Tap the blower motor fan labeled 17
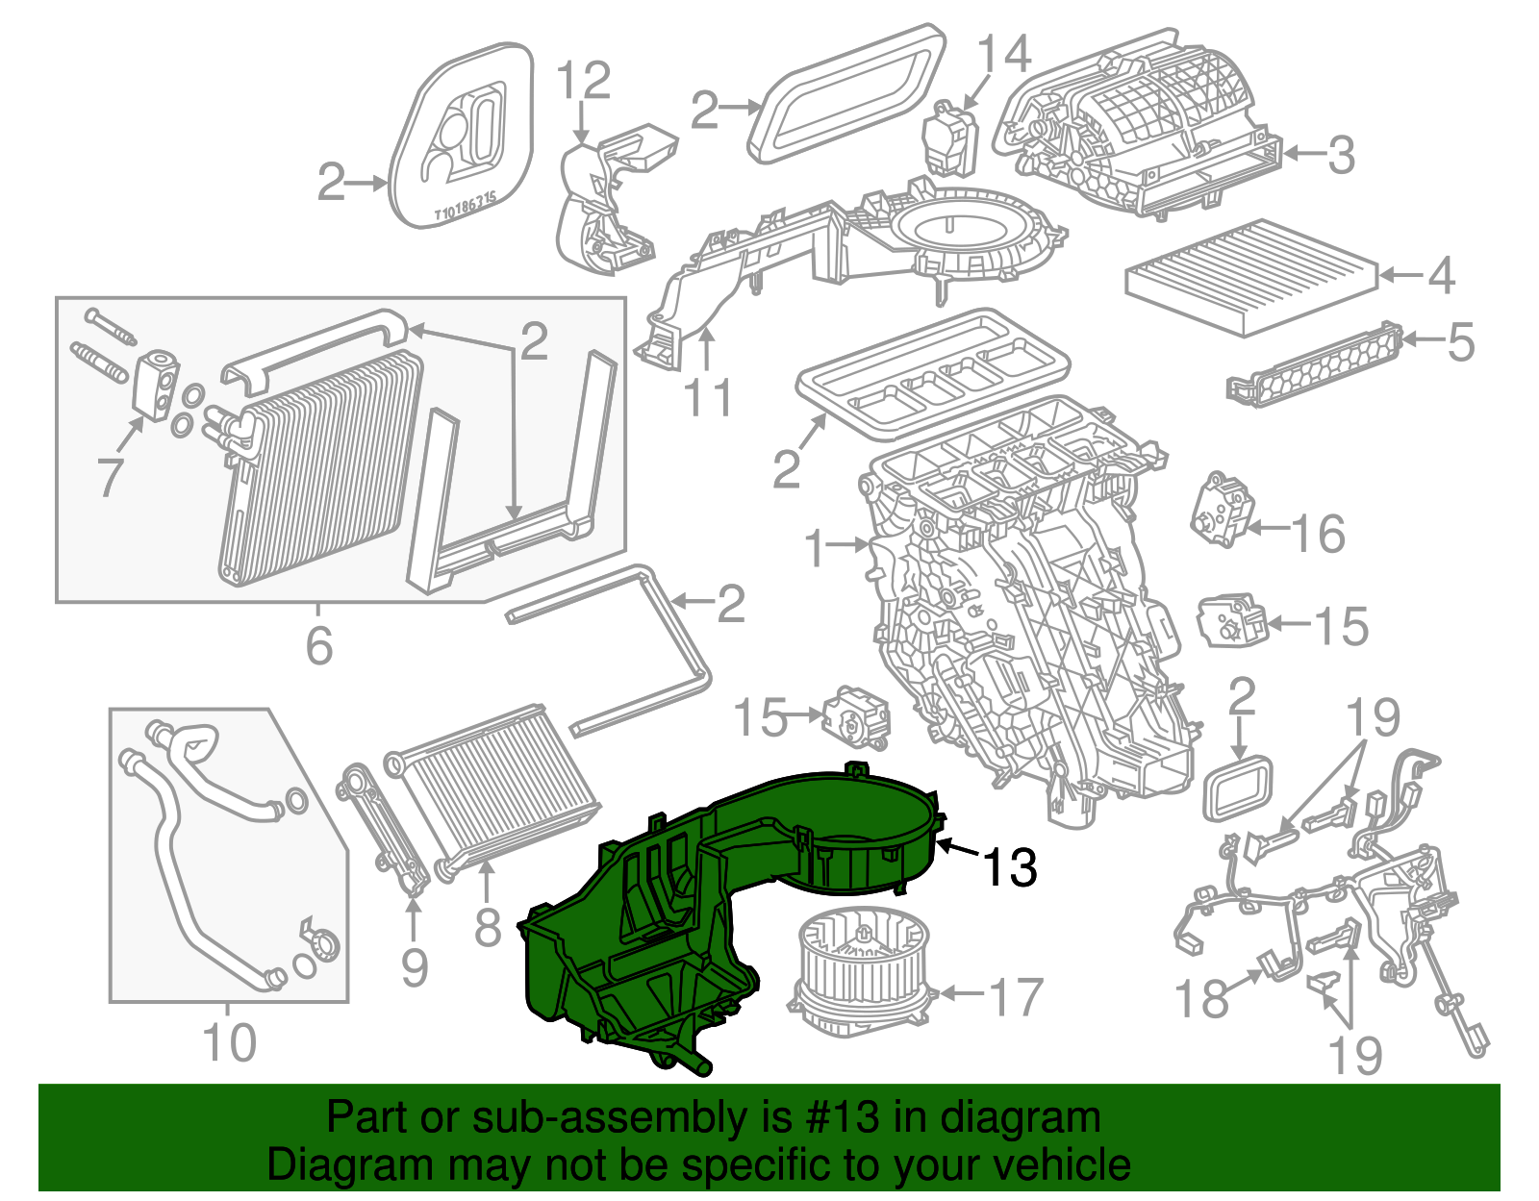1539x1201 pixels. tap(861, 971)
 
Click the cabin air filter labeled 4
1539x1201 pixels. tap(1250, 276)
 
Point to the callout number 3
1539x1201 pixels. tap(1341, 155)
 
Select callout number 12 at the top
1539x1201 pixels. tap(584, 81)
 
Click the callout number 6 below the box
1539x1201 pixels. tap(319, 644)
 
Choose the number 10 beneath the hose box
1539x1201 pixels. tap(230, 1043)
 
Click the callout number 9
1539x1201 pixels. tap(414, 966)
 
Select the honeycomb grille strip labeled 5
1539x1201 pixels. tap(1313, 363)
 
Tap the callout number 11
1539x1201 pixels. tap(707, 397)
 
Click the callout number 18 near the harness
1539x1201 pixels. tap(1201, 999)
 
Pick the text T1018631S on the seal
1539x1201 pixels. tap(466, 207)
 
